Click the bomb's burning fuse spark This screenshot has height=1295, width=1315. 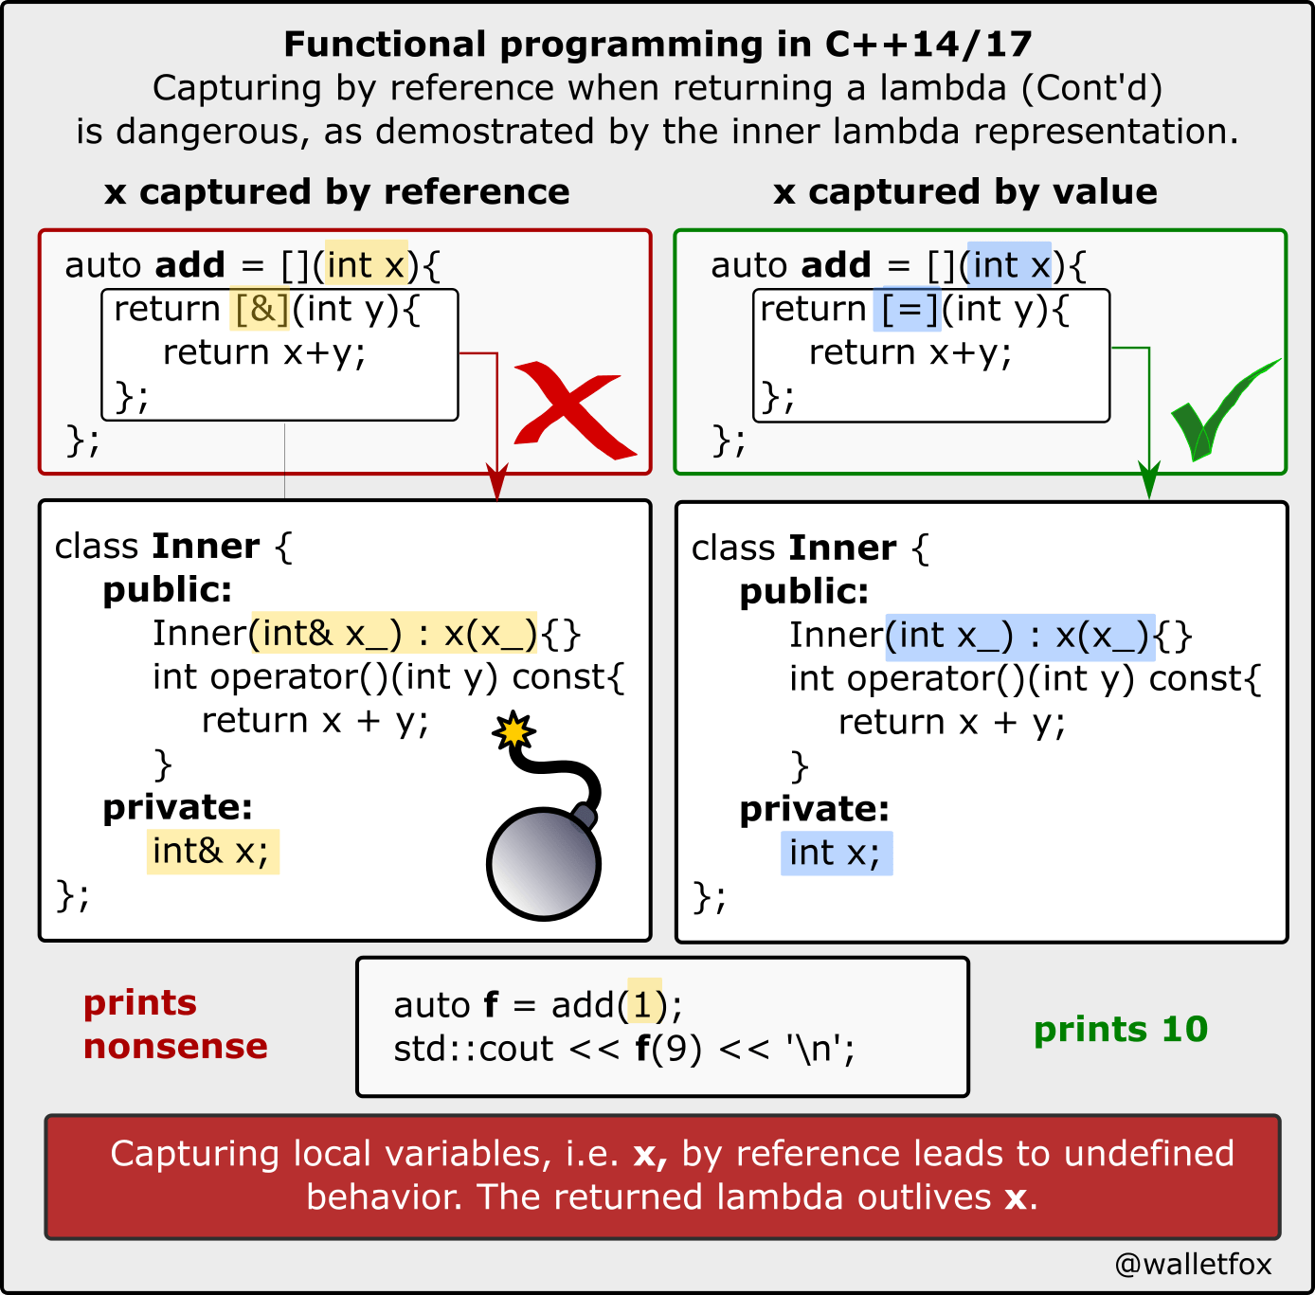(513, 731)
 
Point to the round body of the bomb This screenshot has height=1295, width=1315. (543, 863)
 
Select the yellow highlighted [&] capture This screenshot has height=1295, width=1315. (261, 309)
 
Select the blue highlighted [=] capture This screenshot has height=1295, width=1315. (910, 309)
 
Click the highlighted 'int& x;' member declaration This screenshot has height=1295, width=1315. (212, 851)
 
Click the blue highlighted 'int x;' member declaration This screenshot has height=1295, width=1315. (836, 853)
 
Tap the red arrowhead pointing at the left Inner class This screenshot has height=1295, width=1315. (496, 482)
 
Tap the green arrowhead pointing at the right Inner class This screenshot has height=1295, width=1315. (1148, 482)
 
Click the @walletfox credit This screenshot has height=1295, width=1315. (1193, 1264)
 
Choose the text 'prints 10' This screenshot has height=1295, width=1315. (1121, 1029)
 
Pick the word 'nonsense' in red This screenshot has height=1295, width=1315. (175, 1046)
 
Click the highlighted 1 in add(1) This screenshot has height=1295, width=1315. (644, 1004)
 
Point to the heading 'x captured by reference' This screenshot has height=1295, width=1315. (337, 191)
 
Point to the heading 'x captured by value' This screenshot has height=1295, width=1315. (964, 191)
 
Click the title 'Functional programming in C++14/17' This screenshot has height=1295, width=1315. (657, 44)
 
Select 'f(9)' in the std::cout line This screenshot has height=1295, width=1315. (668, 1049)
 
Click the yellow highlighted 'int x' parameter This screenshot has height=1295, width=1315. (367, 265)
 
